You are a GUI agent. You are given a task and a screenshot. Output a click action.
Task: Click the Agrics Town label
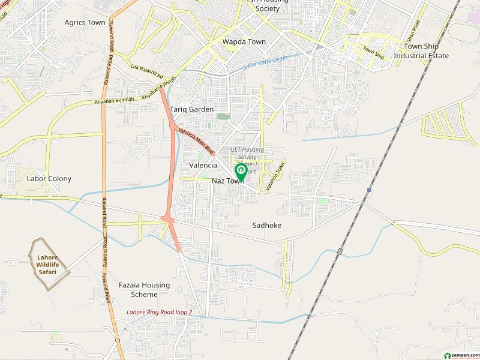85,23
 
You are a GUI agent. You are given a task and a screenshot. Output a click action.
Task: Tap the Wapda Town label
244,42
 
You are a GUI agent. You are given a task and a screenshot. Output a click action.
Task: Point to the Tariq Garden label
191,110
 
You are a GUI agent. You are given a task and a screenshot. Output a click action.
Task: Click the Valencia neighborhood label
203,165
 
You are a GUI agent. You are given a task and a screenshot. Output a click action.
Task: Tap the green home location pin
240,172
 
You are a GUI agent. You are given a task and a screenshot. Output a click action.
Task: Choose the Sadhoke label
266,226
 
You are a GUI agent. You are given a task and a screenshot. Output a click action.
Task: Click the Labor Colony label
49,179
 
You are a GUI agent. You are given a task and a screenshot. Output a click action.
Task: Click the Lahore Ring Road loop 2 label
159,313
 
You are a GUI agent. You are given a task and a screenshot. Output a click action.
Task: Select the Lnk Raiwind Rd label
146,71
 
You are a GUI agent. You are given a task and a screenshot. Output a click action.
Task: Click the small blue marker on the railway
370,191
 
